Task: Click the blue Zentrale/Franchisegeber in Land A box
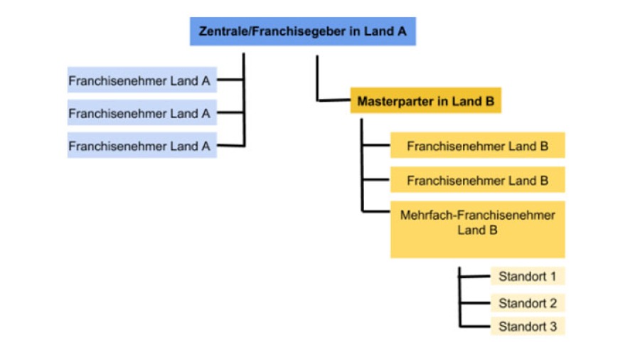pyautogui.click(x=302, y=31)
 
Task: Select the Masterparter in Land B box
pyautogui.click(x=425, y=101)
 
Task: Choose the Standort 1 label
pyautogui.click(x=527, y=276)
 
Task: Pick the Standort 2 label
pyautogui.click(x=527, y=303)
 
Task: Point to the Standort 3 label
pyautogui.click(x=527, y=327)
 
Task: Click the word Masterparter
pyautogui.click(x=393, y=101)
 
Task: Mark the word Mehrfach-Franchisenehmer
pyautogui.click(x=477, y=215)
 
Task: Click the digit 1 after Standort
pyautogui.click(x=553, y=276)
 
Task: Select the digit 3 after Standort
pyautogui.click(x=553, y=327)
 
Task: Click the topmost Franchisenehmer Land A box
pyautogui.click(x=142, y=80)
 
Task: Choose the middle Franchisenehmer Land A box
pyautogui.click(x=142, y=113)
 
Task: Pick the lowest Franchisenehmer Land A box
pyautogui.click(x=142, y=146)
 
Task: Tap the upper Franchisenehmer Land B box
pyautogui.click(x=477, y=146)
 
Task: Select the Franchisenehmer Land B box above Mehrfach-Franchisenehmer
pyautogui.click(x=477, y=181)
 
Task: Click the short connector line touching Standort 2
pyautogui.click(x=475, y=303)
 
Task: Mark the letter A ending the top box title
pyautogui.click(x=402, y=31)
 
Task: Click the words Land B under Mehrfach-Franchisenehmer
pyautogui.click(x=477, y=230)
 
